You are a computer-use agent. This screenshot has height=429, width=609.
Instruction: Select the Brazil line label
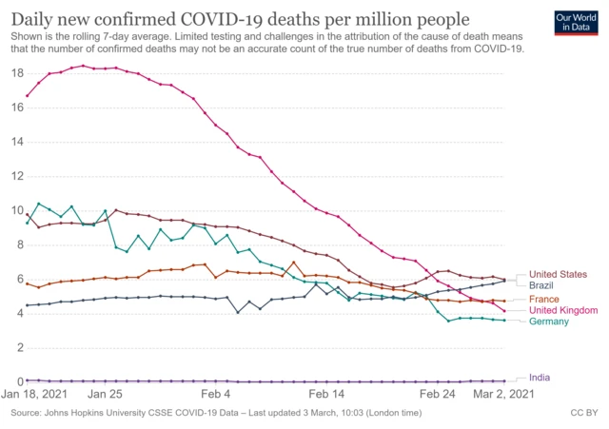[541, 284]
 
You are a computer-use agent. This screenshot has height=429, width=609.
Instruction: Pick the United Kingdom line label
[563, 310]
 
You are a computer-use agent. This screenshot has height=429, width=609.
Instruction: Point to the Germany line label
[550, 322]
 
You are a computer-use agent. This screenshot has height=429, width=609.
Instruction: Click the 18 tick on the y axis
[17, 73]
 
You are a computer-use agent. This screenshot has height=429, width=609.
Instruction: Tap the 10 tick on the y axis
[17, 210]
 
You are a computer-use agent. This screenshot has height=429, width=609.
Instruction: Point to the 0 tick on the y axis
[20, 382]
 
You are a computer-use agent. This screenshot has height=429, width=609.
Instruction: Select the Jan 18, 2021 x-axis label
[36, 394]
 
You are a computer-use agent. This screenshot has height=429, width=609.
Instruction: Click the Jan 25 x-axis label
[105, 394]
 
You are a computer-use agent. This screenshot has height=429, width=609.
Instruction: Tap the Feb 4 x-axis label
[216, 394]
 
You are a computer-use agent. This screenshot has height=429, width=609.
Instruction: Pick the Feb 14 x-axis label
[328, 394]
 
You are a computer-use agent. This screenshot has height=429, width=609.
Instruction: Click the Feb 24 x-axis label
[440, 394]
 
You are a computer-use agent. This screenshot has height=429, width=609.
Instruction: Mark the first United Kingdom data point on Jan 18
[27, 95]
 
